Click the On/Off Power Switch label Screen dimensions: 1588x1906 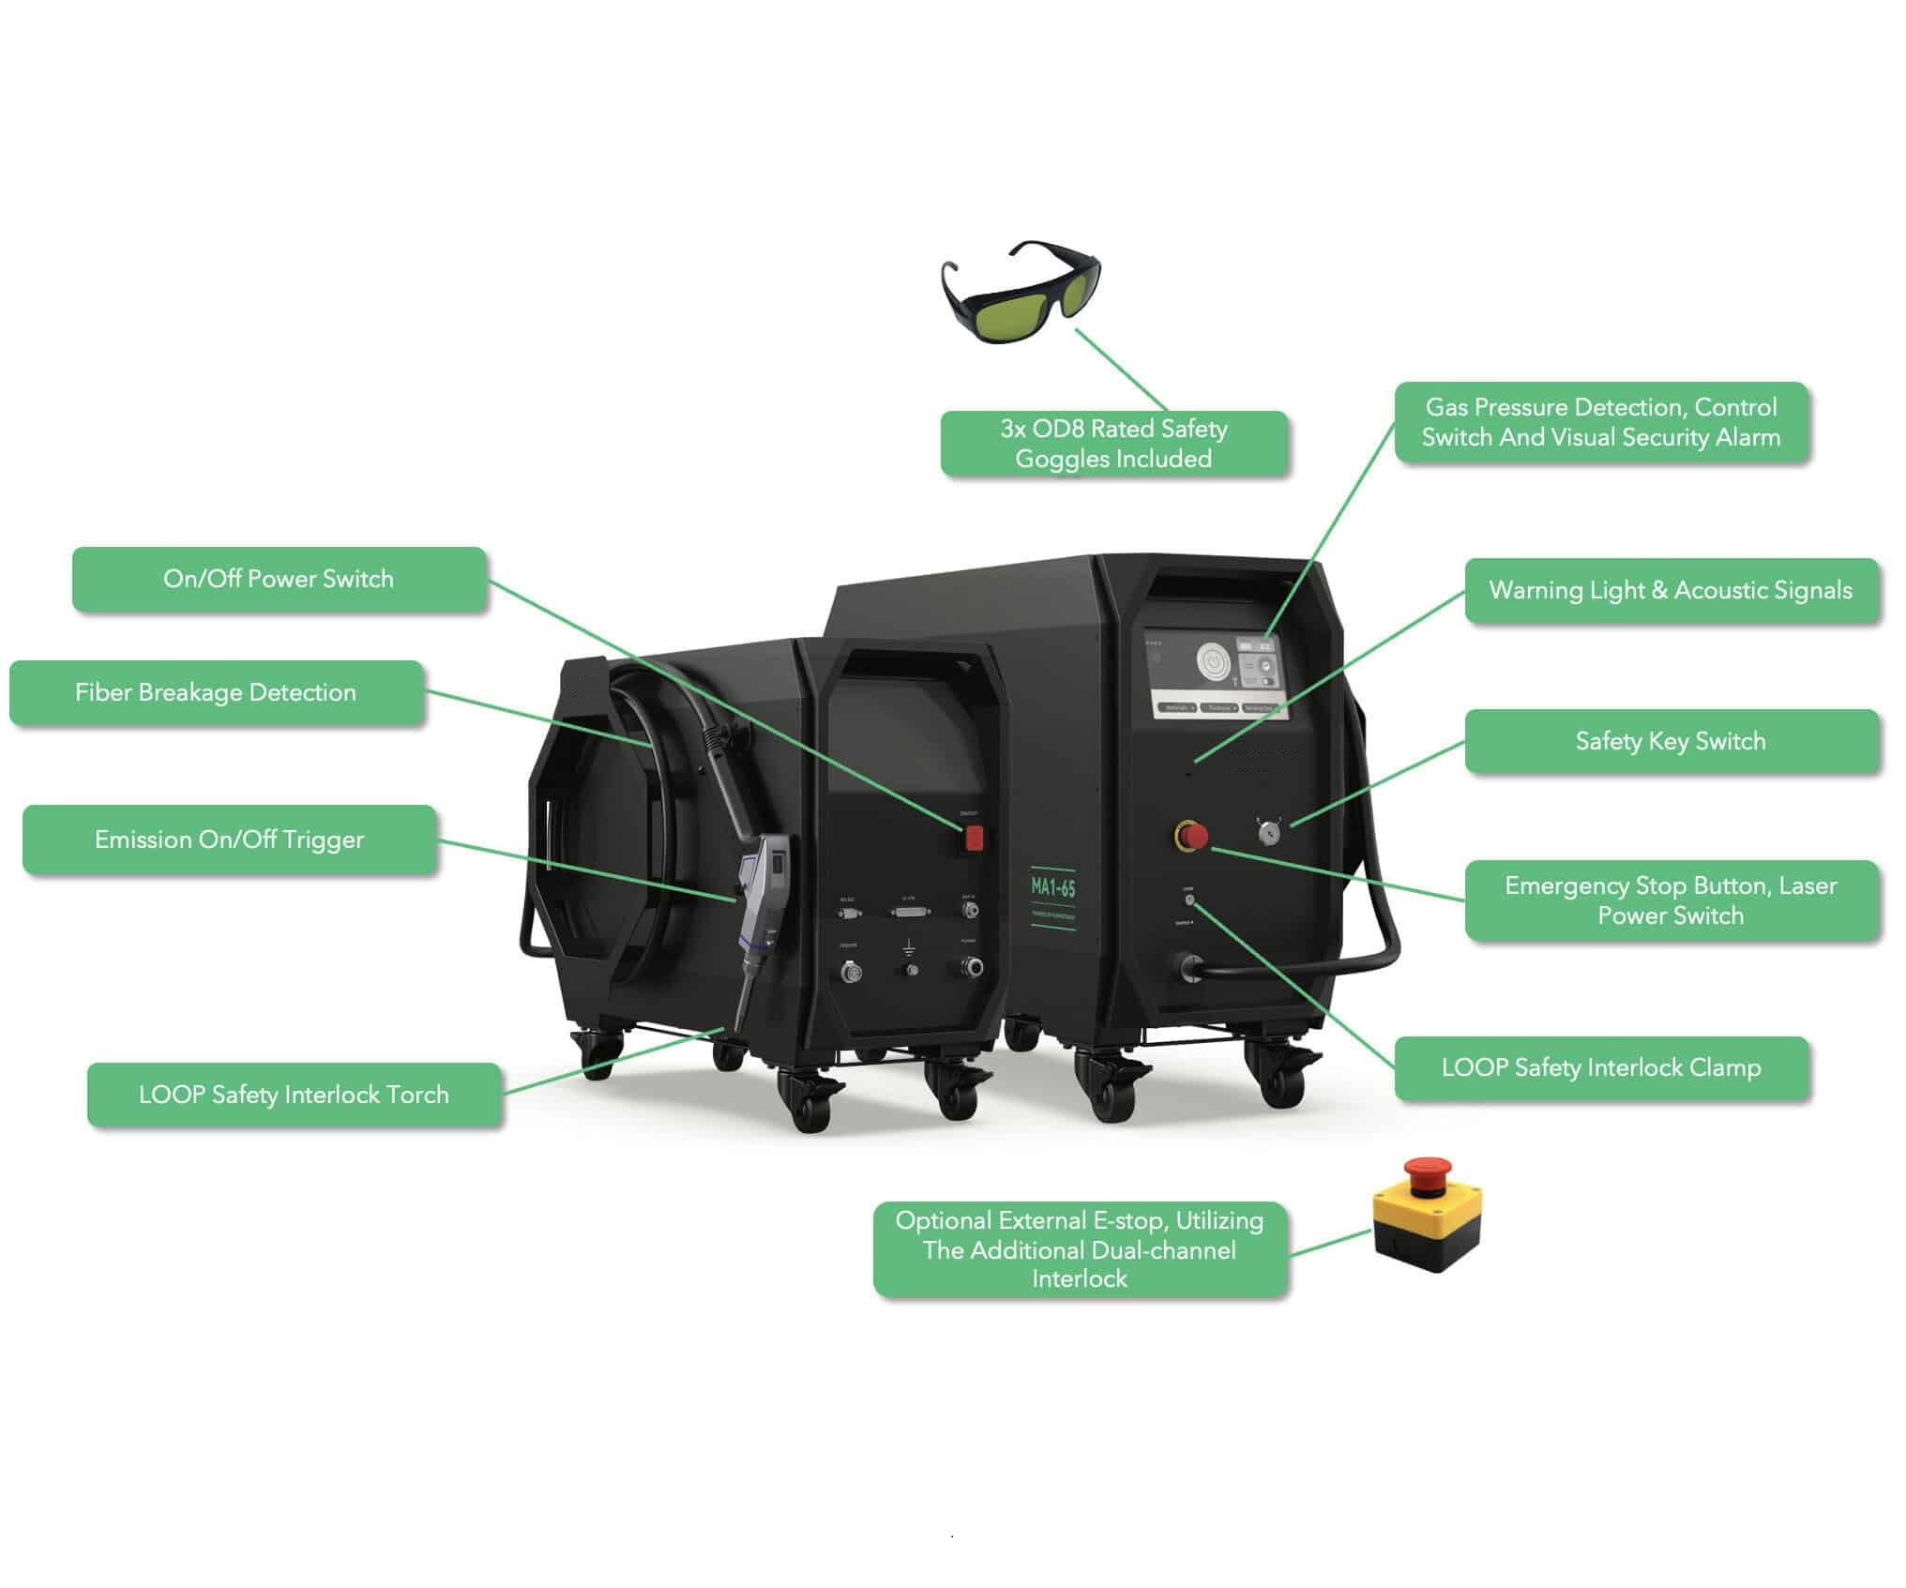pos(279,579)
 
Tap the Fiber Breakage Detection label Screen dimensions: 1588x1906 pos(216,692)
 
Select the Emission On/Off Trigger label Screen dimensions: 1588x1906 pos(229,839)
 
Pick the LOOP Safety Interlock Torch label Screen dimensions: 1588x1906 pos(294,1095)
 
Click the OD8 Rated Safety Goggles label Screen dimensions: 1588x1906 pos(1113,444)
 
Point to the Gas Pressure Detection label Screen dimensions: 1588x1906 pos(1600,422)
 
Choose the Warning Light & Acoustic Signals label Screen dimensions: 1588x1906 pos(1671,590)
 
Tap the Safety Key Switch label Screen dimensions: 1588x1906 pos(1671,741)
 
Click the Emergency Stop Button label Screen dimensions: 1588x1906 pos(1671,900)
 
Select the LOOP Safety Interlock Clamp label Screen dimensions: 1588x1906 pos(1600,1067)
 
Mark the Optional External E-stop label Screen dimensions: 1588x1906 pos(1080,1249)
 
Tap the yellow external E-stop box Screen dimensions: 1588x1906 pos(1427,1218)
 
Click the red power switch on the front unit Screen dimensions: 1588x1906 pos(974,838)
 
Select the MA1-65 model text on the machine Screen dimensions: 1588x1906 pos(1052,886)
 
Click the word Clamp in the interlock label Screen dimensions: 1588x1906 pos(1725,1067)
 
